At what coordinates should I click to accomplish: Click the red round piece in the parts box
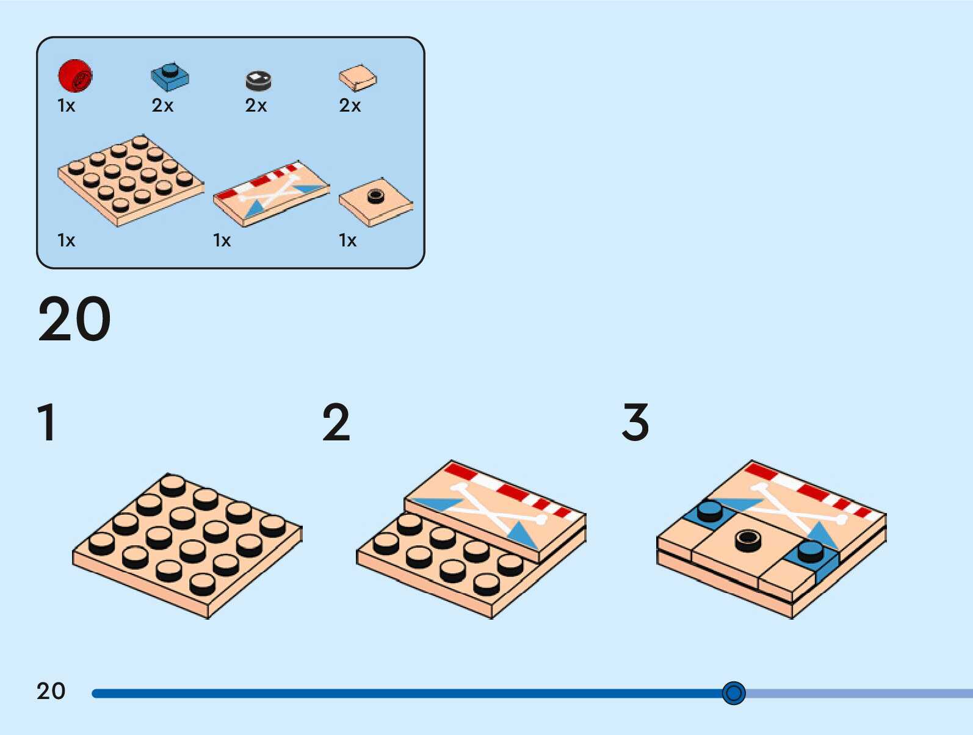75,76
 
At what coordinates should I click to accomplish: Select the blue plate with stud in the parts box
170,76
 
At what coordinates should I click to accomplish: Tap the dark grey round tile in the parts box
258,80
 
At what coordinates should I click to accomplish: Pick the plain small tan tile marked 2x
358,77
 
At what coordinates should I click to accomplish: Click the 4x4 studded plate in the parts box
130,179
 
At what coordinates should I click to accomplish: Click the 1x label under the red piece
66,106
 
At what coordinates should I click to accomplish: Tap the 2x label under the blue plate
162,106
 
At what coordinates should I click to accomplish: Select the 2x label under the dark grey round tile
256,106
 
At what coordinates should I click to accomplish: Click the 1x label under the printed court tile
222,240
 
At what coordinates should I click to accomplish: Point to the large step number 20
74,319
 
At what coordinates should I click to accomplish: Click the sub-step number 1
47,422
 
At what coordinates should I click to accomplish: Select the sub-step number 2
336,422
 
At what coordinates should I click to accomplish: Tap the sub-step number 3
635,422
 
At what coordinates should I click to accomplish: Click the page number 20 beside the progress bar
51,691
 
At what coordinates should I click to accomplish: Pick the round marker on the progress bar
733,693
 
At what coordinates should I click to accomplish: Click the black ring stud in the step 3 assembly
748,539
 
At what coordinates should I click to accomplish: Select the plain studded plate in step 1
186,544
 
